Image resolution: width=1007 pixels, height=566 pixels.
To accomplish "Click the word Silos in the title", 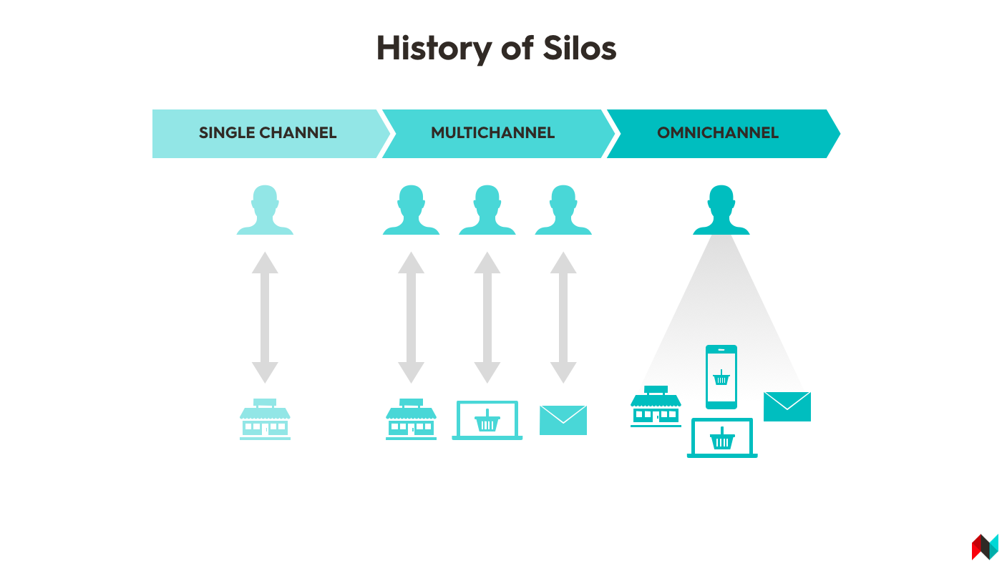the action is point(580,48).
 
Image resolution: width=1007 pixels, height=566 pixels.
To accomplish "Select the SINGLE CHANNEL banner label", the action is point(268,132).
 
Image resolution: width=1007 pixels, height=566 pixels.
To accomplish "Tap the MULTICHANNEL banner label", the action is point(492,132).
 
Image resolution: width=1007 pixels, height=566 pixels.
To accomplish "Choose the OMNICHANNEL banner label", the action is point(718,132).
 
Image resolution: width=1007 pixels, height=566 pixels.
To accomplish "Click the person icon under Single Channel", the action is point(265,210).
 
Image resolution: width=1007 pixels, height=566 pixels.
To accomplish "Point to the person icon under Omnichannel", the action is point(721,210).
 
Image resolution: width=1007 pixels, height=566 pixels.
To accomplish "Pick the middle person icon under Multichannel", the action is point(487,210).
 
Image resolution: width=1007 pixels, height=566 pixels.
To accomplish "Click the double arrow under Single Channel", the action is point(265,318).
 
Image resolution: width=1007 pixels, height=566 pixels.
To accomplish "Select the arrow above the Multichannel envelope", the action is point(563,318).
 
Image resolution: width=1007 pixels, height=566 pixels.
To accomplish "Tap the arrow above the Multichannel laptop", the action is point(487,318).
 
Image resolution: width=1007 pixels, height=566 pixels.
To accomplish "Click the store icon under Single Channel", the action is point(265,419).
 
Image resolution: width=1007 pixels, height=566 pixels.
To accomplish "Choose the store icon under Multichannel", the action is point(411,419).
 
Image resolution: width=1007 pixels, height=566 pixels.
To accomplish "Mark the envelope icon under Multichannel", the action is point(563,420).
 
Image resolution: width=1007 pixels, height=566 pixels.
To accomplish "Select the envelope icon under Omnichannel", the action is point(787,407).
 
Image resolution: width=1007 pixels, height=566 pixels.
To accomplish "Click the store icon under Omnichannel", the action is point(656,406).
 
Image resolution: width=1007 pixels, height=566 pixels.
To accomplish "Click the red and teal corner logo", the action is point(985,547).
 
